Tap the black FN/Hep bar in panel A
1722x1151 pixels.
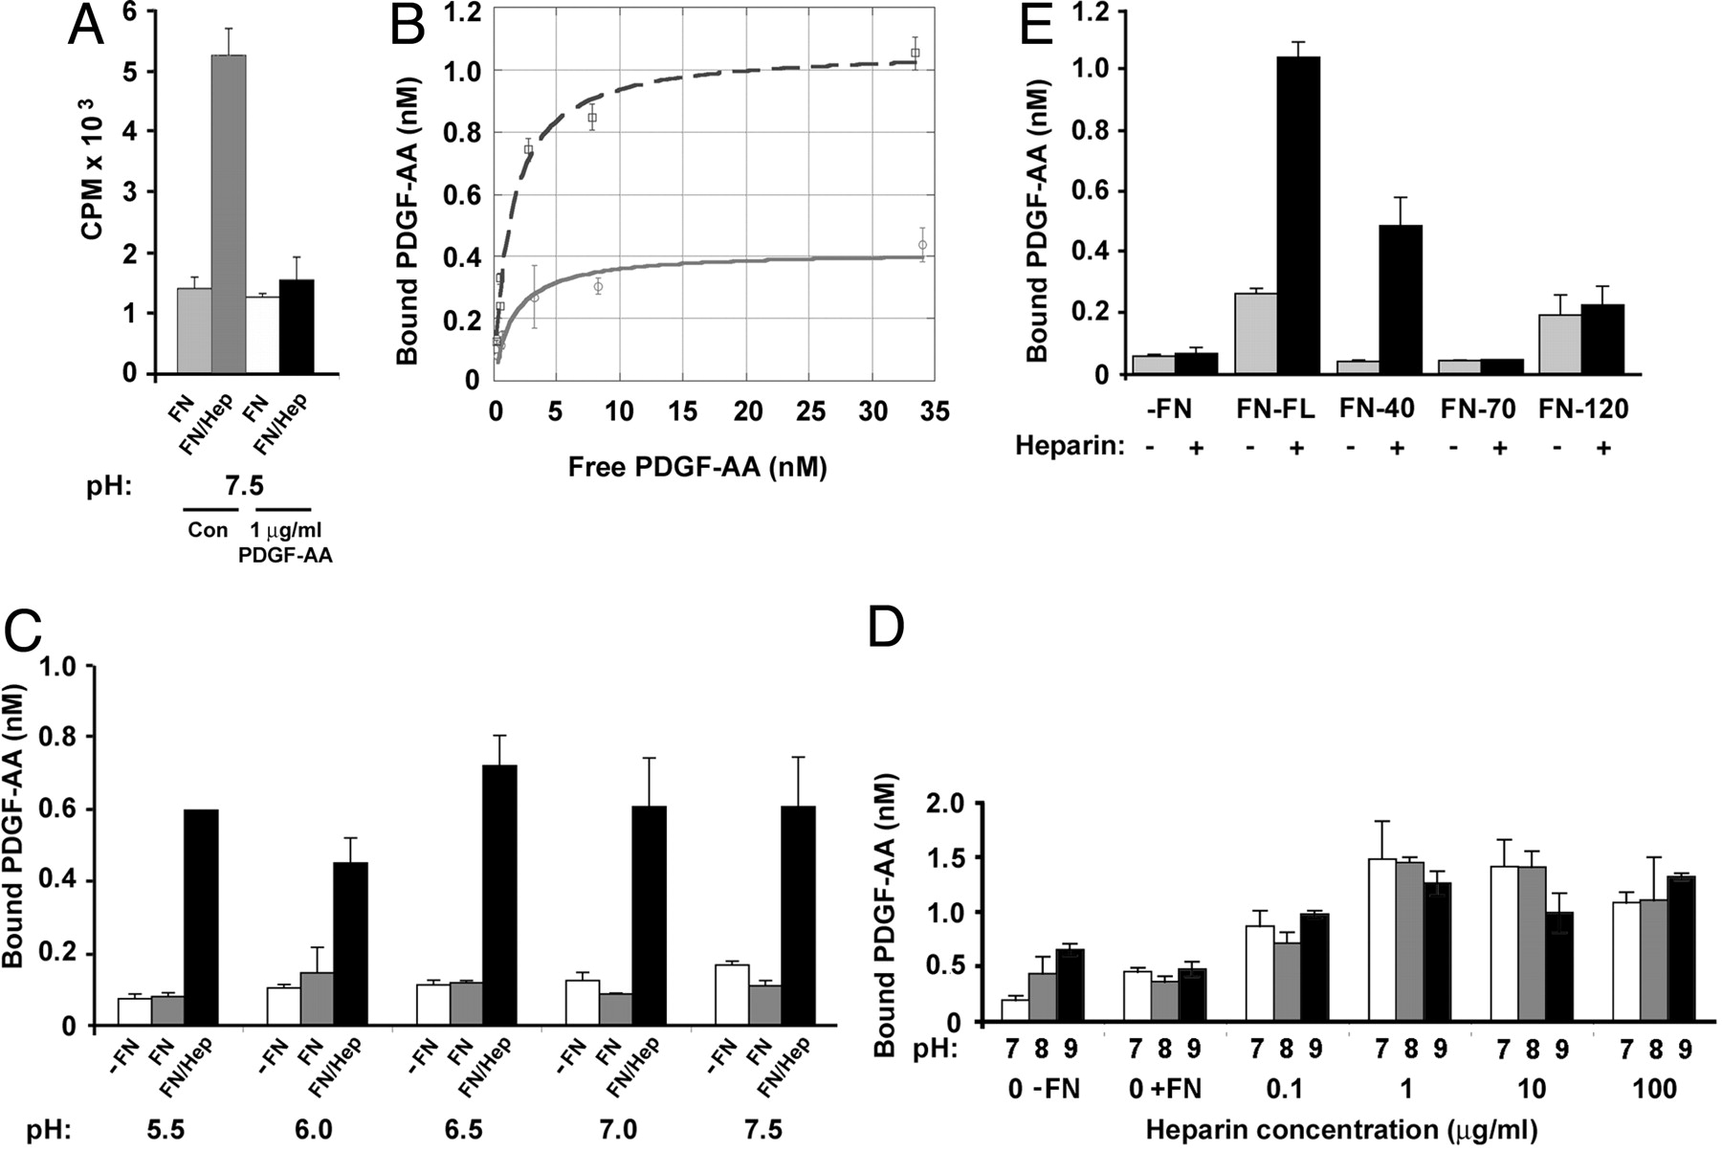pos(297,326)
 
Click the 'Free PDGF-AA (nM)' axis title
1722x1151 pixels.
pos(696,467)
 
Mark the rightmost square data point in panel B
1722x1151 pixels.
pos(916,53)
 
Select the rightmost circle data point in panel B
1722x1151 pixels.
pos(922,245)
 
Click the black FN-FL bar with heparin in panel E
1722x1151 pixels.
pos(1297,215)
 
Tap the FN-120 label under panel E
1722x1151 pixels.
pos(1584,409)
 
